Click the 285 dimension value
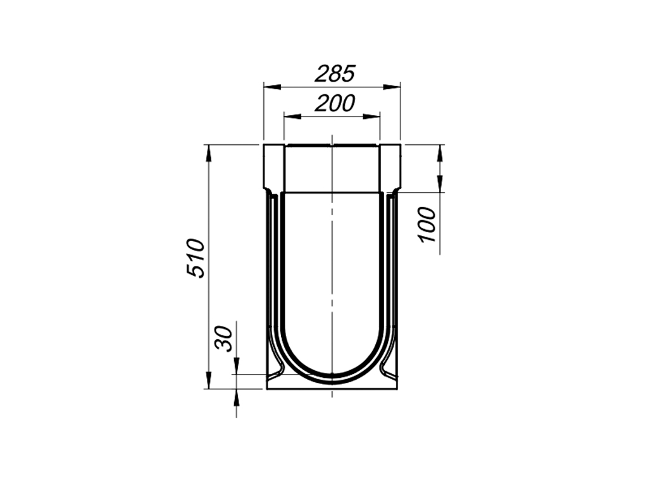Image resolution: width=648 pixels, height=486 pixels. point(335,74)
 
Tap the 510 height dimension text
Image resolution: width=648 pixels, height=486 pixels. point(196,258)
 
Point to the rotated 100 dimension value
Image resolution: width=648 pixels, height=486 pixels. point(428,225)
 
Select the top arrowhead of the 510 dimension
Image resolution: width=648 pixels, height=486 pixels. point(208,150)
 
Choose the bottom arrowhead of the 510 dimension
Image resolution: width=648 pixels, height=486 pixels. point(208,383)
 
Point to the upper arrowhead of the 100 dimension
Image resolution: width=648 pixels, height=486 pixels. point(440,150)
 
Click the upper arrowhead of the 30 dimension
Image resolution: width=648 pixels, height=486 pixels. point(236,369)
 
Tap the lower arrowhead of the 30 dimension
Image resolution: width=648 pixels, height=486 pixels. point(236,395)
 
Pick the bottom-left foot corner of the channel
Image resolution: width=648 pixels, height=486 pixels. point(267,388)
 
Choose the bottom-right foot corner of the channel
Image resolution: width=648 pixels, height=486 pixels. point(397,388)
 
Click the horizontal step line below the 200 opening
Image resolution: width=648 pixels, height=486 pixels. point(332,192)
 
